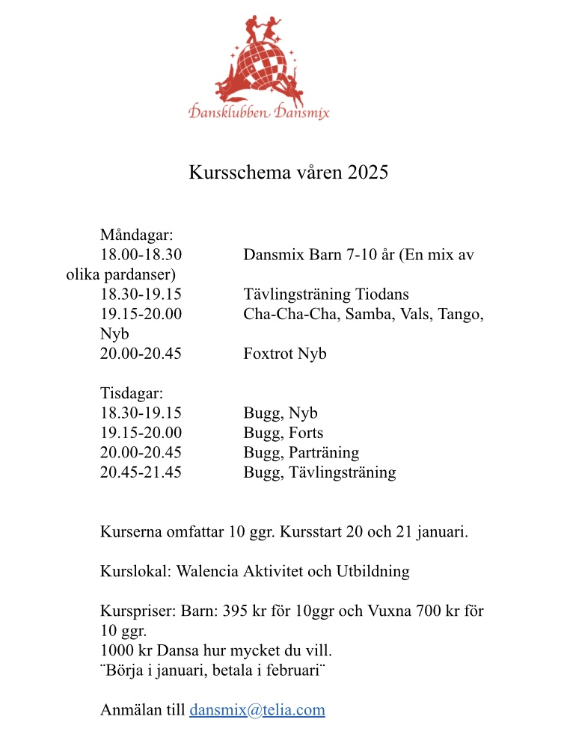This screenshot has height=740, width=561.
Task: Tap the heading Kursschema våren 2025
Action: (288, 173)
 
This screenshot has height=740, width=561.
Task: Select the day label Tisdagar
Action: (132, 392)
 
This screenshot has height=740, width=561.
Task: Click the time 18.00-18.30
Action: (141, 255)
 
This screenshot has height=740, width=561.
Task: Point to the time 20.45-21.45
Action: (141, 472)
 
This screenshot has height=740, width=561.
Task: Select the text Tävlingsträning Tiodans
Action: (326, 295)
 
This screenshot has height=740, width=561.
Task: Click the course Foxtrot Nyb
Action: (285, 354)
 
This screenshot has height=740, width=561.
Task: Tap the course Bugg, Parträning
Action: (301, 452)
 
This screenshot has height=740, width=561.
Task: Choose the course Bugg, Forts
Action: (283, 433)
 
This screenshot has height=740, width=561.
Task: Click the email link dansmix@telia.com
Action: (257, 710)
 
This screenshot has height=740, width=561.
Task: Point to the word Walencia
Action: (209, 572)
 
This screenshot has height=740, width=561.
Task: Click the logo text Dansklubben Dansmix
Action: (259, 113)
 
